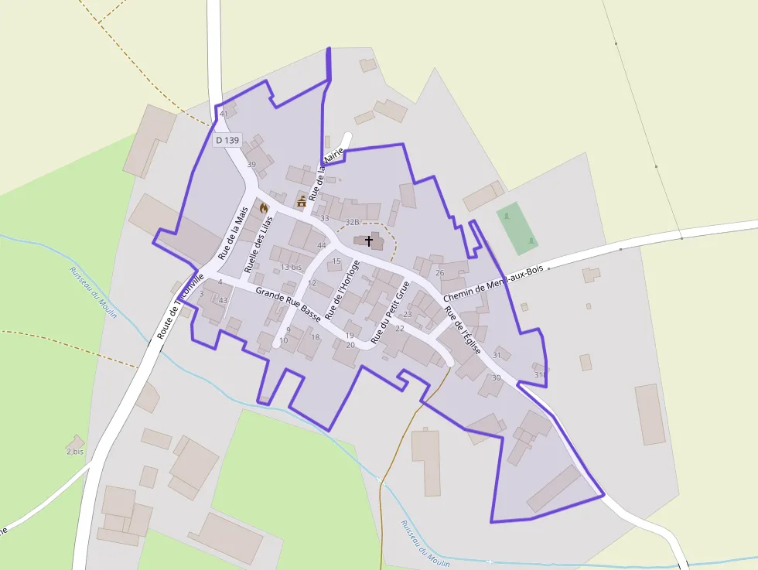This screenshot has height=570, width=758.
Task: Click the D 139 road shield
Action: click(x=228, y=140)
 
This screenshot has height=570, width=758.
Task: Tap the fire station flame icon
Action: click(x=264, y=207)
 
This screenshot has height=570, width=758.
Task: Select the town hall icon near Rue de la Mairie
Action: click(x=301, y=201)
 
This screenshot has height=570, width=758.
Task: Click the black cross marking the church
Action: click(x=369, y=241)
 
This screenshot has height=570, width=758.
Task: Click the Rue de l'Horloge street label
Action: click(x=342, y=290)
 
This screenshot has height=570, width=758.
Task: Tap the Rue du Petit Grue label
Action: click(x=390, y=312)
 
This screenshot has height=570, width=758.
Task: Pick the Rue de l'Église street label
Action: click(x=463, y=330)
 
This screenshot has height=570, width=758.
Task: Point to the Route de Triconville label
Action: click(x=179, y=306)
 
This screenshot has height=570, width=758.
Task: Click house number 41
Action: click(x=224, y=114)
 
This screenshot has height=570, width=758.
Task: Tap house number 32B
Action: click(x=352, y=221)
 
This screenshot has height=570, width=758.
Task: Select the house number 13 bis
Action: click(x=291, y=267)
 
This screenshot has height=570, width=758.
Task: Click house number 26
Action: click(x=440, y=272)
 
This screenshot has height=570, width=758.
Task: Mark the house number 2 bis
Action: click(x=75, y=451)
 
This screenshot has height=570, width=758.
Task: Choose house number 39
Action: click(x=251, y=165)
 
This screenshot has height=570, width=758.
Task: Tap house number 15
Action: click(x=336, y=261)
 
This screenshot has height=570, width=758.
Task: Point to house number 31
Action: click(x=497, y=355)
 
